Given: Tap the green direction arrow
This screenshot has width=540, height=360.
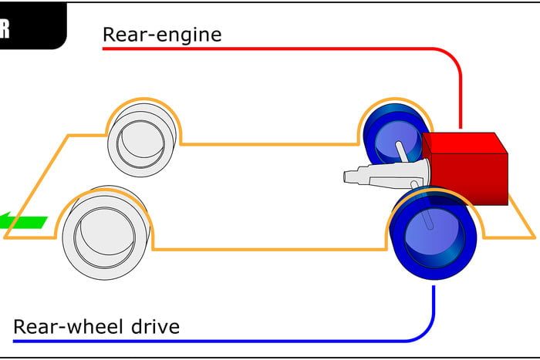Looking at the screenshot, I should click(x=23, y=222).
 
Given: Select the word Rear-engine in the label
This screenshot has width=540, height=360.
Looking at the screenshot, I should click(x=162, y=35).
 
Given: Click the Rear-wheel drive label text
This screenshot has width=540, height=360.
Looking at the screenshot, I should click(x=96, y=327).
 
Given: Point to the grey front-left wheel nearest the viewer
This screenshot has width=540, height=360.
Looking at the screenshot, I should click(x=104, y=231).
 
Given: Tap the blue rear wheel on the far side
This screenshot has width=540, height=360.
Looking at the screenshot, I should click(x=393, y=135).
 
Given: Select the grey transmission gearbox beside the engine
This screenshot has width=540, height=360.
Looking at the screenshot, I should click(x=386, y=173).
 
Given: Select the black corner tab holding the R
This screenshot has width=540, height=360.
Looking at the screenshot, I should click(x=31, y=23).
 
